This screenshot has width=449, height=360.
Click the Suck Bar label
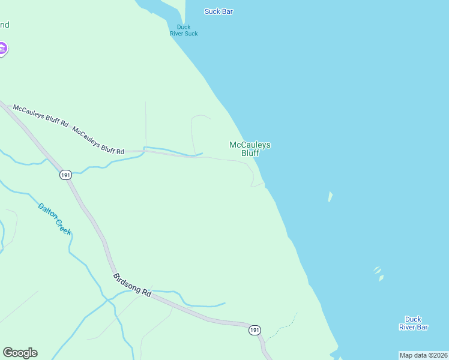click(x=218, y=11)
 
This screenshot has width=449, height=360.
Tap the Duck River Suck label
click(x=184, y=30)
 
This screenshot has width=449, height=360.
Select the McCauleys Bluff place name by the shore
click(x=250, y=149)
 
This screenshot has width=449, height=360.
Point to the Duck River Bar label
click(x=413, y=323)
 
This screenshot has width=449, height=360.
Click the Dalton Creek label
click(x=54, y=219)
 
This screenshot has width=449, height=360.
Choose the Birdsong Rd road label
click(x=132, y=284)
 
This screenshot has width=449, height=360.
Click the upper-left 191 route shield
click(x=65, y=175)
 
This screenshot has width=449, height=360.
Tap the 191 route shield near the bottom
click(x=255, y=330)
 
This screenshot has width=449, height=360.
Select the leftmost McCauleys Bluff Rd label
click(x=41, y=115)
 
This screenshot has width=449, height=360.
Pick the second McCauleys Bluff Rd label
click(x=98, y=140)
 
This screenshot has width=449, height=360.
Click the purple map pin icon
click(x=2, y=49)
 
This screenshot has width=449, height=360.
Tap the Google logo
click(x=20, y=353)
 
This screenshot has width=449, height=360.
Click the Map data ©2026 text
click(x=423, y=355)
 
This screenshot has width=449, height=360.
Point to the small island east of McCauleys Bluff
click(x=330, y=196)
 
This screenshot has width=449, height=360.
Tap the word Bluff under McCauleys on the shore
click(x=250, y=153)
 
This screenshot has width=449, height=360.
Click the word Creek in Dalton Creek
click(x=63, y=226)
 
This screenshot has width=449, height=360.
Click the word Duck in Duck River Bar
click(x=413, y=319)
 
